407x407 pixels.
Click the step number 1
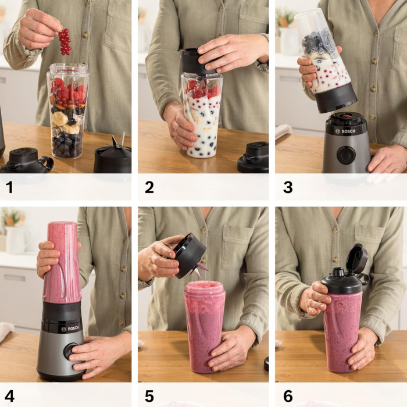[x=9, y=187]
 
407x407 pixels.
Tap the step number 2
[x=149, y=187]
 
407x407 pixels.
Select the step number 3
[x=287, y=187]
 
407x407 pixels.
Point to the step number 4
[x=9, y=397]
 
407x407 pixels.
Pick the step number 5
[x=149, y=397]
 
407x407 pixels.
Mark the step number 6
[x=288, y=397]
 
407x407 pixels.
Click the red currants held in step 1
[x=65, y=42]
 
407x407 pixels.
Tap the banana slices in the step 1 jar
[x=60, y=119]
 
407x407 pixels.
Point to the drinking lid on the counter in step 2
[x=254, y=157]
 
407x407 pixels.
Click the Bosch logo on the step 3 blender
[x=345, y=131]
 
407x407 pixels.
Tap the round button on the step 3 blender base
[x=345, y=155]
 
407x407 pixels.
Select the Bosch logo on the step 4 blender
[x=69, y=329]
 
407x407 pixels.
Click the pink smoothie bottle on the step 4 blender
[x=62, y=262]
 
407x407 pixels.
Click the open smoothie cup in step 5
[x=203, y=326]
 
